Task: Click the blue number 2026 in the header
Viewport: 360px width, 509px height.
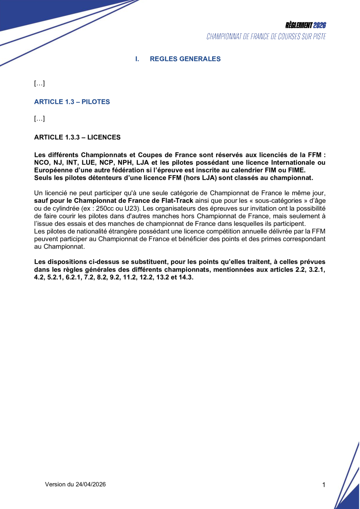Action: (320, 25)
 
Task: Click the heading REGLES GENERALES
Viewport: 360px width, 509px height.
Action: (185, 59)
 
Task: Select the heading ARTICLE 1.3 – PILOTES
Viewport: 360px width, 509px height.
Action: (72, 102)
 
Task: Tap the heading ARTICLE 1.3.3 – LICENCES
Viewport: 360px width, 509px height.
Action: (77, 137)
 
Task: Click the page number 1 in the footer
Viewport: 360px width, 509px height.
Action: (324, 485)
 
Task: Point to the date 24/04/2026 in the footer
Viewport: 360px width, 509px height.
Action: (90, 484)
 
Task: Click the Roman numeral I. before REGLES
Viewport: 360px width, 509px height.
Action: (137, 59)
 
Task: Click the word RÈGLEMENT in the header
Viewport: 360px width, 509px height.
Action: (298, 25)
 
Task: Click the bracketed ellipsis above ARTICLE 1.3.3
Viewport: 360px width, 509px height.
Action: (40, 119)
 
